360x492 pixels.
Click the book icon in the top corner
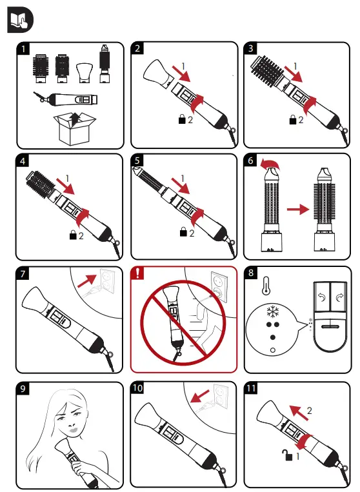click(x=20, y=19)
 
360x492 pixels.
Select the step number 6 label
click(x=250, y=161)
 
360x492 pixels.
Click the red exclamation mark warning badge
click(x=137, y=272)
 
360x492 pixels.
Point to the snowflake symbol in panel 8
click(x=272, y=312)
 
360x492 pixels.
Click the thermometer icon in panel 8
click(x=266, y=285)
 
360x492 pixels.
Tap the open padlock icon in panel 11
click(x=288, y=455)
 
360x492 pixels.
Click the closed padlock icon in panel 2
click(x=182, y=119)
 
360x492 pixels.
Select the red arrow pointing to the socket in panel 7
click(x=87, y=281)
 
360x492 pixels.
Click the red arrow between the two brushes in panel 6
click(x=298, y=210)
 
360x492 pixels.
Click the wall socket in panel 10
click(x=221, y=396)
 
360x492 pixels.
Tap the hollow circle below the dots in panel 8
click(x=272, y=350)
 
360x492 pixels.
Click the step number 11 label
click(x=251, y=388)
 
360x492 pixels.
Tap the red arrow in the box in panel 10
click(x=200, y=397)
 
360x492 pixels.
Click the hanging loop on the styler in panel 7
click(x=110, y=357)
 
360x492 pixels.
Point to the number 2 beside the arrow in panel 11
click(x=310, y=410)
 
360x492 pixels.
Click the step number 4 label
click(x=23, y=161)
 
